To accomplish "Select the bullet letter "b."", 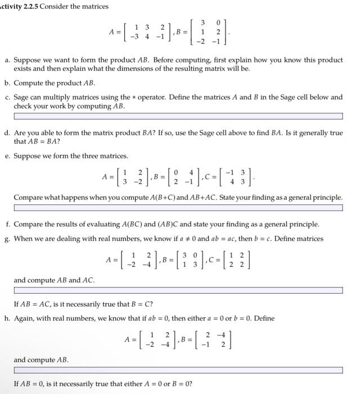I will click(x=7, y=82).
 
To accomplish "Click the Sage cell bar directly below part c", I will click(x=178, y=117).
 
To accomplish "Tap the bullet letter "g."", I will click(x=7, y=239).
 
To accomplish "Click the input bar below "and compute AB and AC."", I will click(x=178, y=291).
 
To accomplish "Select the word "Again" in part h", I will click(x=25, y=318).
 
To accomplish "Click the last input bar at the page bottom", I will click(x=178, y=370).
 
